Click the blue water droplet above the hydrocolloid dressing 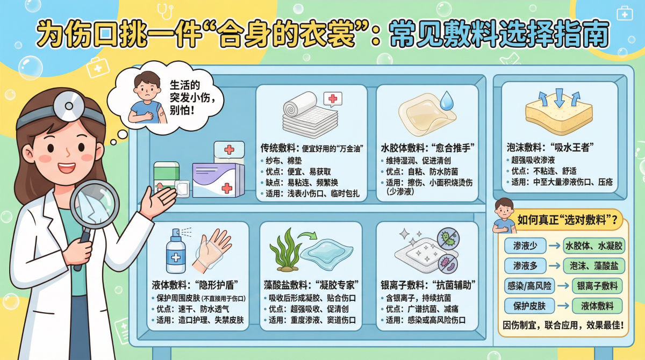pyautogui.click(x=447, y=101)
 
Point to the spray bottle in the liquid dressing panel pyautogui.click(x=176, y=253)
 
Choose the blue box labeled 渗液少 pyautogui.click(x=525, y=246)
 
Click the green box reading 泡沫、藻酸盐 pyautogui.click(x=593, y=265)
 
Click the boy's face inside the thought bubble pyautogui.click(x=145, y=87)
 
